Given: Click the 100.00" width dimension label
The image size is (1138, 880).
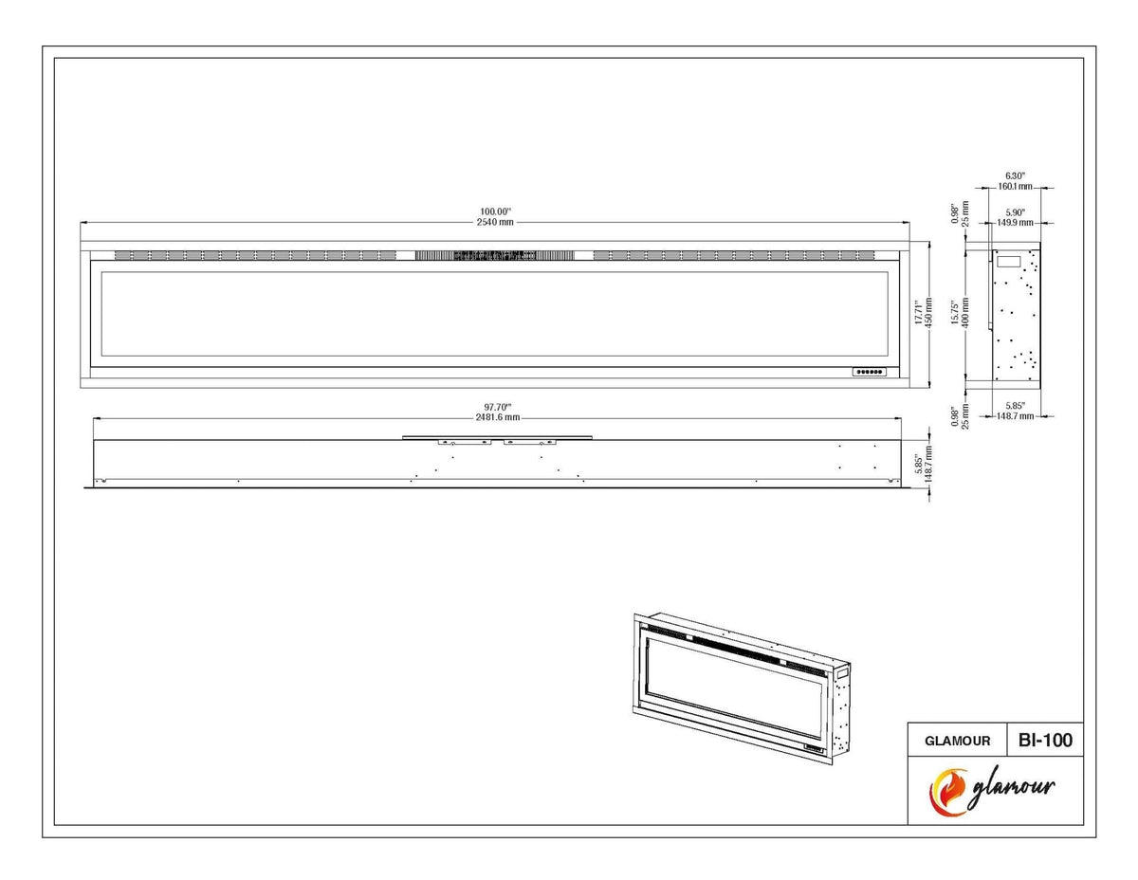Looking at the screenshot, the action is click(495, 211).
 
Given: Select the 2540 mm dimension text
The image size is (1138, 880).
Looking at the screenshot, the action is click(495, 222).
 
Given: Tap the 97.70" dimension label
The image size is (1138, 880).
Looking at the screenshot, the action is click(498, 407).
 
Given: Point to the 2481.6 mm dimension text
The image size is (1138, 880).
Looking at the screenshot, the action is click(498, 417).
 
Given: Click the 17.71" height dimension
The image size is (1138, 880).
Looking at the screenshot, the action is click(918, 312).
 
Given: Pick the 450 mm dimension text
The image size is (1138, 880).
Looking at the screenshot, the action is click(928, 313).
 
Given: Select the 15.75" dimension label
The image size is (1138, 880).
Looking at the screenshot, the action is click(955, 313).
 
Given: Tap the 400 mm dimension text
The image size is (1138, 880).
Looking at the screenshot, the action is click(965, 313).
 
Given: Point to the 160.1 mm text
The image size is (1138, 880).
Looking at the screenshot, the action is click(1015, 187).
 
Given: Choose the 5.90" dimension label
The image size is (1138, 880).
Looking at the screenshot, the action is click(1015, 212).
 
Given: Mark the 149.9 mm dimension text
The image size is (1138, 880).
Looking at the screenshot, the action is click(1015, 223).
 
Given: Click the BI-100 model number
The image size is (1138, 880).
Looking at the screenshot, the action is click(1045, 741).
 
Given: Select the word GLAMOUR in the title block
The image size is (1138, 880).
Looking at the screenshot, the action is click(957, 742).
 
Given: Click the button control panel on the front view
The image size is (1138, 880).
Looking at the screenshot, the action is click(870, 372).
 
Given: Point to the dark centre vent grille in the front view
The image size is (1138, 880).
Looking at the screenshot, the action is click(495, 255).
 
